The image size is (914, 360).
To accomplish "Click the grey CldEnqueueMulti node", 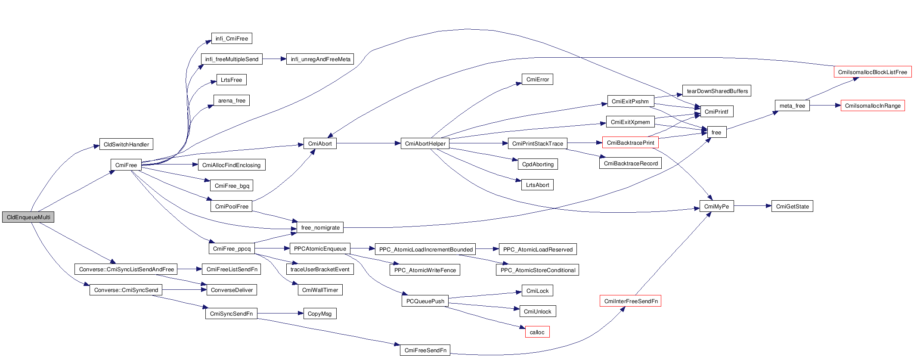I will coord(28,217).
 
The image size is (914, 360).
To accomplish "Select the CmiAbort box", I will coord(320,143).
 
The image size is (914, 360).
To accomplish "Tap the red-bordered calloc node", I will coord(537,332).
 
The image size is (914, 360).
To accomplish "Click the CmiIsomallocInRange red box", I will coord(872,106).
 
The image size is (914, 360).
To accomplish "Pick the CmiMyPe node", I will coord(716,206).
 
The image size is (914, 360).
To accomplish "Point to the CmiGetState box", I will coord(792,206).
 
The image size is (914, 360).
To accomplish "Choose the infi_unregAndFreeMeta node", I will coord(320,59).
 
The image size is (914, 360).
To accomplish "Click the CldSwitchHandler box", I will coord(126,144).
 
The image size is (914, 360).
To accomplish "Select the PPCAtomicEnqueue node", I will coord(320,248).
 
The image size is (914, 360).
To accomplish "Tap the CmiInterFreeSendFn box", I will coord(630,301).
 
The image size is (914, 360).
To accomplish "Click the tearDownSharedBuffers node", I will coord(717,91).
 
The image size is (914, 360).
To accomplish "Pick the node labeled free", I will coord(716,132).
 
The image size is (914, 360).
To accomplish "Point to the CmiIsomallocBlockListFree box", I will coord(872,72).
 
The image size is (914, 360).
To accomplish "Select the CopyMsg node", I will coord(320,313).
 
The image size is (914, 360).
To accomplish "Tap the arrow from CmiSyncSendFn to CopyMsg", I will coord(280,313).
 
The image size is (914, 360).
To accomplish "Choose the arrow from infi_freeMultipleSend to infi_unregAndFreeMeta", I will coord(274,59).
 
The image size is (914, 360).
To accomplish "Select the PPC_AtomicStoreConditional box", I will coord(538,270).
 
